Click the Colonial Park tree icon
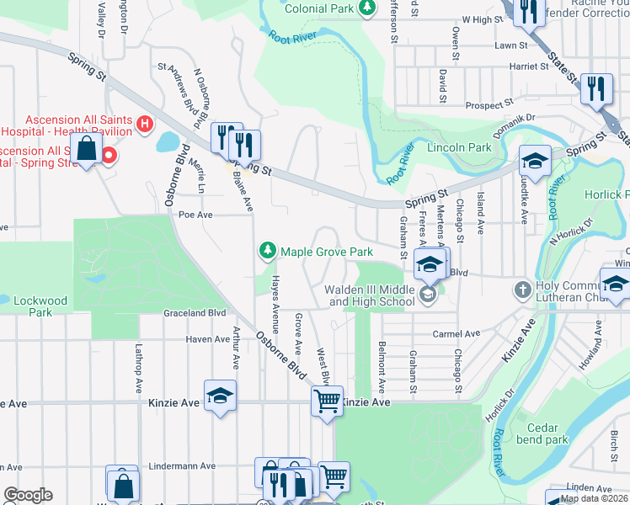click(x=366, y=8)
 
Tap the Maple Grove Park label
click(x=326, y=252)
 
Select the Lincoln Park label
click(x=458, y=147)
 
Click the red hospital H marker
click(x=145, y=125)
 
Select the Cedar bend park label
click(x=542, y=433)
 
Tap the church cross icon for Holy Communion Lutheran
click(x=522, y=290)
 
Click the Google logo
click(x=28, y=495)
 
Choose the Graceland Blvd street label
click(x=195, y=312)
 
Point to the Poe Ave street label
click(x=195, y=215)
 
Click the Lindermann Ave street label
click(x=181, y=465)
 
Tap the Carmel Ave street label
click(x=455, y=334)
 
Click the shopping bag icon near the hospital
click(x=87, y=150)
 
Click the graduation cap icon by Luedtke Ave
click(x=535, y=158)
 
